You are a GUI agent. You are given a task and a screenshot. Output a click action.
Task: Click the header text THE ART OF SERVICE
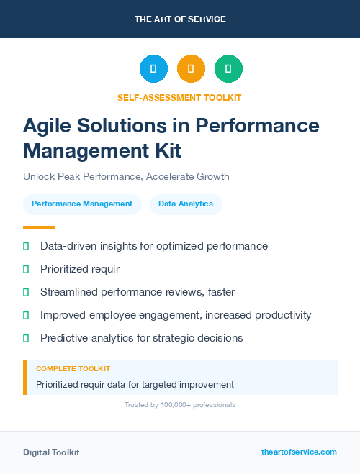(180, 19)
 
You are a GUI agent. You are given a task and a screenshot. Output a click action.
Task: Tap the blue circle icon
(153, 68)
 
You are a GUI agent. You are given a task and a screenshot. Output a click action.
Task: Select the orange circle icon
(191, 68)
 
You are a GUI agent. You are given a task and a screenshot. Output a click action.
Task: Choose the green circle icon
(228, 68)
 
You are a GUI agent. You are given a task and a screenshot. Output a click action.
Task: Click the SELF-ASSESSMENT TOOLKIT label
(180, 97)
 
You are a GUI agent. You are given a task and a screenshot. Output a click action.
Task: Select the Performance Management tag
(82, 204)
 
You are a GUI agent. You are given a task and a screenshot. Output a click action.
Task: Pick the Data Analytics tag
(186, 204)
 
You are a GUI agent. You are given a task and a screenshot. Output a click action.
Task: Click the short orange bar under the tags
(29, 227)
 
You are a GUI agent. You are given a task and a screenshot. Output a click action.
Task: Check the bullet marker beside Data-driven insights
(26, 247)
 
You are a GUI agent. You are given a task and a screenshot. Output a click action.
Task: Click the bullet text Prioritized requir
(79, 269)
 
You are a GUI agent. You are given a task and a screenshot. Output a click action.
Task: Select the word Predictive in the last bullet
(65, 338)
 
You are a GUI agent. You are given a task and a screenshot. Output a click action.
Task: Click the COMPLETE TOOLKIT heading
(73, 368)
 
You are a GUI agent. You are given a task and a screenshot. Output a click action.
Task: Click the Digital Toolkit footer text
(51, 452)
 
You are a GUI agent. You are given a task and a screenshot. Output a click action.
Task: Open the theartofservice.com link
(299, 452)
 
